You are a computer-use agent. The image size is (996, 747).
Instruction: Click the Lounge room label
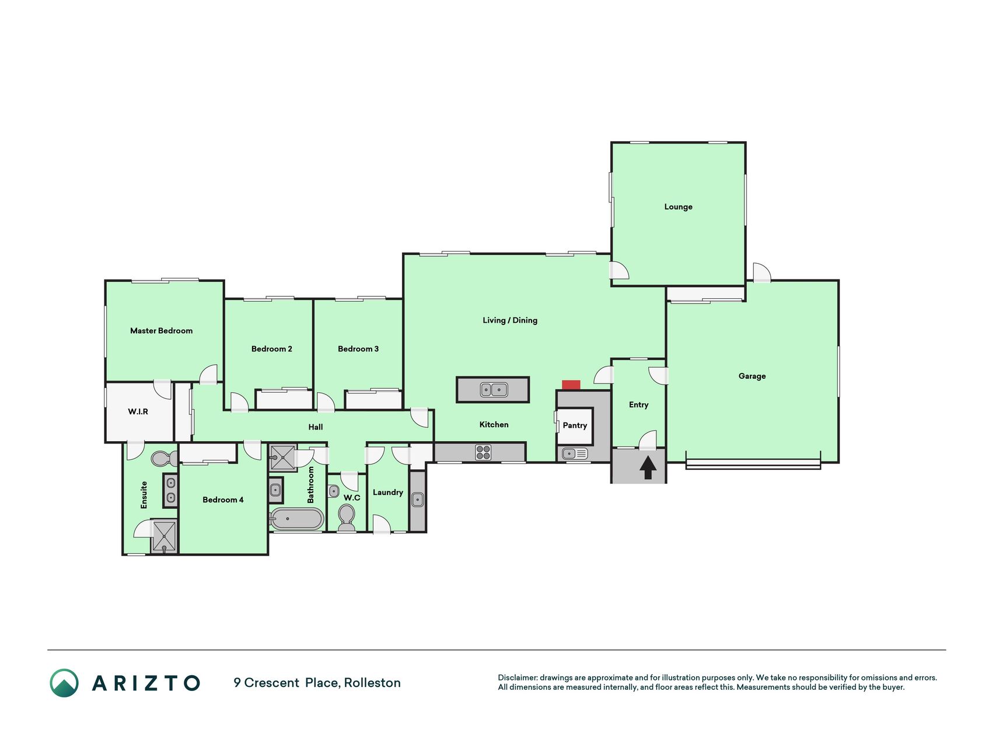tap(678, 207)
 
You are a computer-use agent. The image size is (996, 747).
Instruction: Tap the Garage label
tap(752, 376)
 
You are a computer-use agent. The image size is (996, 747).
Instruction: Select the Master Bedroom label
tap(161, 331)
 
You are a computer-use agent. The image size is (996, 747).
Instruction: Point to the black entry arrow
tap(648, 467)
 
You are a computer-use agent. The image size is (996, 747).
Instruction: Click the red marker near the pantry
tap(571, 385)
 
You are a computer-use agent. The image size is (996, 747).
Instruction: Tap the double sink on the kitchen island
tap(494, 390)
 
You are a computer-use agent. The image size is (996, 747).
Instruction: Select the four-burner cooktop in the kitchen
tap(483, 452)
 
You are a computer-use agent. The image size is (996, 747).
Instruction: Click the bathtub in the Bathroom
tap(296, 518)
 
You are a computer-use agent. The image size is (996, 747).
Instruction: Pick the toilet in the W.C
tap(347, 517)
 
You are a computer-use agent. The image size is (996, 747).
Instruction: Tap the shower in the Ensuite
tap(164, 536)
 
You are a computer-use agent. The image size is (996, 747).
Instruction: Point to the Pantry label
tap(575, 425)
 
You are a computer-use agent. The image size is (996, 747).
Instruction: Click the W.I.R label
tap(138, 411)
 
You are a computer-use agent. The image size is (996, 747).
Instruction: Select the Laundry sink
tap(417, 500)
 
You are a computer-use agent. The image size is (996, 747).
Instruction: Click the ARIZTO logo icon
tap(64, 683)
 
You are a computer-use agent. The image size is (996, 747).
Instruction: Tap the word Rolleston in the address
tap(372, 683)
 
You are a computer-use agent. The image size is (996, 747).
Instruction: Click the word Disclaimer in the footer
tap(517, 678)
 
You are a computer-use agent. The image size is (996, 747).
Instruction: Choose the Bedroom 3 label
tap(358, 349)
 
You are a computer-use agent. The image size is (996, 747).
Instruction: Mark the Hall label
tap(316, 427)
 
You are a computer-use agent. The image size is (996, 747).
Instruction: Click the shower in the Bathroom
tap(283, 458)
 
